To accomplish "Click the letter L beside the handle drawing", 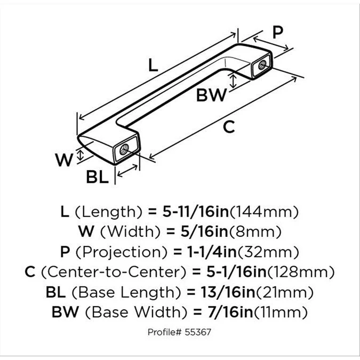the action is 153,65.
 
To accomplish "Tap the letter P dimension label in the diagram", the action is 277,33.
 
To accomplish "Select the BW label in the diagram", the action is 211,95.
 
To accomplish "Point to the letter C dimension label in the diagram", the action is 229,127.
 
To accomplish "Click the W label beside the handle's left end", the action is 64,160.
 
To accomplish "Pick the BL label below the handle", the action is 98,177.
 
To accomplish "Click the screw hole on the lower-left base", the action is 124,149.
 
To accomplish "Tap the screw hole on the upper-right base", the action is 262,65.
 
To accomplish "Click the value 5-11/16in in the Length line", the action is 196,212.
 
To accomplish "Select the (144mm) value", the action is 264,212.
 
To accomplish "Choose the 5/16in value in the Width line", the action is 204,231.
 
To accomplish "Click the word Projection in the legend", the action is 122,252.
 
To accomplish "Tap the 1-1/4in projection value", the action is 212,252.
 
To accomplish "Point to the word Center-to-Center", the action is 114,272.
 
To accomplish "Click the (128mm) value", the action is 301,272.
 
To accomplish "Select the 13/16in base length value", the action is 228,292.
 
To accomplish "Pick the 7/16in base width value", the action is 230,312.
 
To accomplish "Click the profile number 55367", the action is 198,332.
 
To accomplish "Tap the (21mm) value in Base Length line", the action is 284,292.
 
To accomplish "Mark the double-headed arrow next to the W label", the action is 80,155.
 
